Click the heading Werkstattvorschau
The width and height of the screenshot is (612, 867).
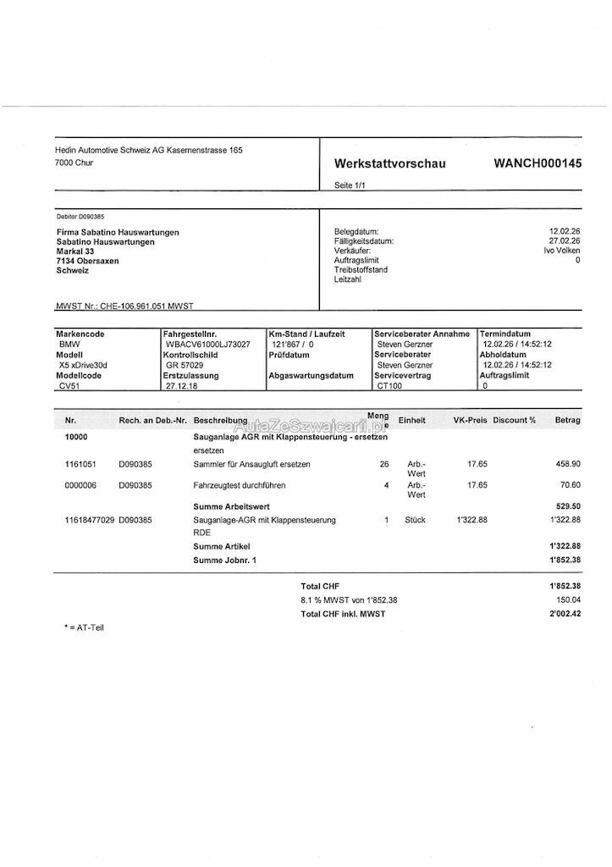pyautogui.click(x=389, y=163)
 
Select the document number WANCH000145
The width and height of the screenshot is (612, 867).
pyautogui.click(x=538, y=163)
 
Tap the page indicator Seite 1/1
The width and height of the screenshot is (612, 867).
pyautogui.click(x=350, y=185)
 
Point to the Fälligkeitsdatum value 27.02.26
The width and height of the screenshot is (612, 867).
pyautogui.click(x=565, y=241)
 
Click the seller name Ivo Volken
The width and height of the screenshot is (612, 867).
pyautogui.click(x=562, y=251)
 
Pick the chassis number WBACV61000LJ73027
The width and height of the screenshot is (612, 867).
pyautogui.click(x=207, y=345)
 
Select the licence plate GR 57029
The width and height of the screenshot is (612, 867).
pyautogui.click(x=185, y=365)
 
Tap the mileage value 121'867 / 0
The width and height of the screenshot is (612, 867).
pyautogui.click(x=293, y=345)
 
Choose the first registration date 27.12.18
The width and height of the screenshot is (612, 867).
pyautogui.click(x=182, y=385)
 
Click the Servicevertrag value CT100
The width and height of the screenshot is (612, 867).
pyautogui.click(x=390, y=385)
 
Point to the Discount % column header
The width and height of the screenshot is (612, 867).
pyautogui.click(x=515, y=420)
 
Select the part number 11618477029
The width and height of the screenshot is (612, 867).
pyautogui.click(x=90, y=520)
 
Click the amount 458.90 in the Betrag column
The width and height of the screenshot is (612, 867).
pyautogui.click(x=565, y=464)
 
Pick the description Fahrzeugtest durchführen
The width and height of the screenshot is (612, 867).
pyautogui.click(x=240, y=485)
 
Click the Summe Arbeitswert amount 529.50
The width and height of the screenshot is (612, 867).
pyautogui.click(x=565, y=505)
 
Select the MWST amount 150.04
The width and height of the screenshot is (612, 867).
pyautogui.click(x=565, y=599)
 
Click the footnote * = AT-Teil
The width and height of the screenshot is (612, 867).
pyautogui.click(x=84, y=627)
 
